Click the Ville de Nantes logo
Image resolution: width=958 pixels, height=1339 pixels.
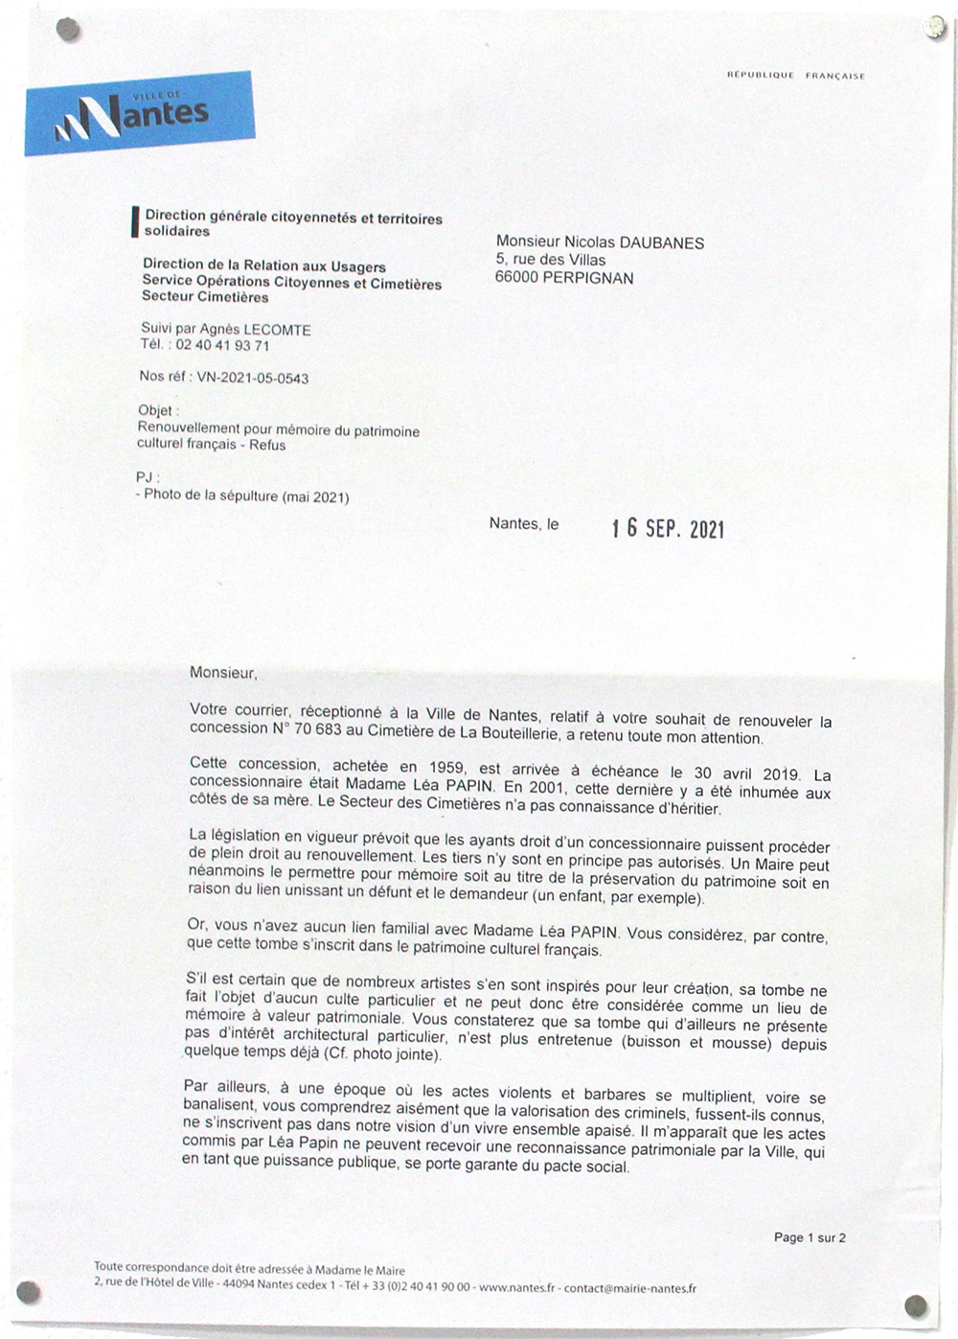pyautogui.click(x=139, y=113)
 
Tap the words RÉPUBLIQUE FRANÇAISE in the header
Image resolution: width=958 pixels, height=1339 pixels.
pyautogui.click(x=795, y=76)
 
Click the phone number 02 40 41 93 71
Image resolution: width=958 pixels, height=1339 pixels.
pyautogui.click(x=222, y=345)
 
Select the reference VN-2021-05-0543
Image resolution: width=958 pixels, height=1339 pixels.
pyautogui.click(x=253, y=379)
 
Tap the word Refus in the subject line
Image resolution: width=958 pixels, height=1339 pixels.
pyautogui.click(x=267, y=445)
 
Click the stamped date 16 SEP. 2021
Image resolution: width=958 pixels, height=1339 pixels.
pyautogui.click(x=668, y=528)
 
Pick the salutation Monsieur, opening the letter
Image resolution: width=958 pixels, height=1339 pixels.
pyautogui.click(x=223, y=672)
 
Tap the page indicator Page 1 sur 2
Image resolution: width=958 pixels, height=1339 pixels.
pyautogui.click(x=810, y=1237)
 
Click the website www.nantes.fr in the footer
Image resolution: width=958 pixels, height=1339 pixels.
pyautogui.click(x=516, y=1288)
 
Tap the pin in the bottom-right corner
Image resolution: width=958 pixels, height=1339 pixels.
pyautogui.click(x=916, y=1305)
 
